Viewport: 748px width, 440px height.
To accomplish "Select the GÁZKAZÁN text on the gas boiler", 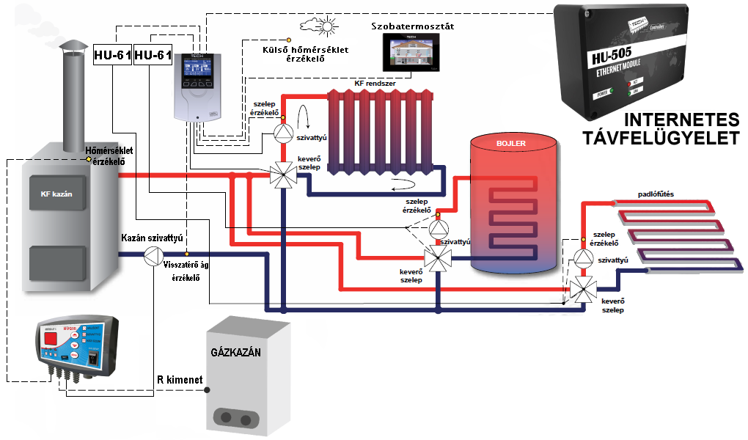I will coord(235,352).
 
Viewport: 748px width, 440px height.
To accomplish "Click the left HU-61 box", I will coord(112,55).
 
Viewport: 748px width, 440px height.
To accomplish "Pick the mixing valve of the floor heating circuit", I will coord(582,289).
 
